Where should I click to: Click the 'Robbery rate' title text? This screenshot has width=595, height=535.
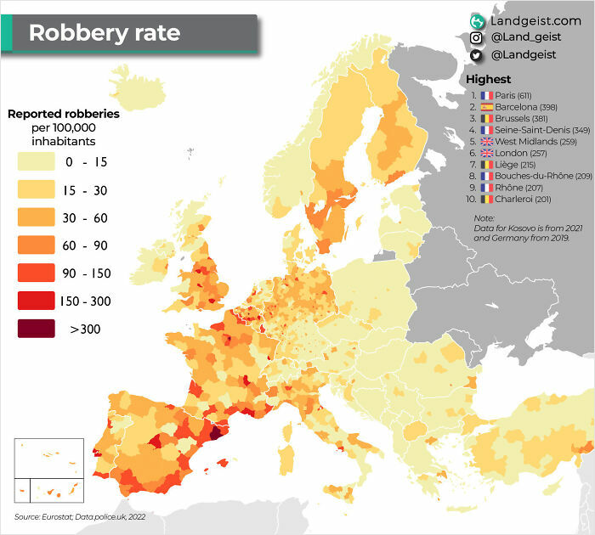pyautogui.click(x=105, y=33)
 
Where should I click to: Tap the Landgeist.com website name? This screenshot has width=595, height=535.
pyautogui.click(x=535, y=20)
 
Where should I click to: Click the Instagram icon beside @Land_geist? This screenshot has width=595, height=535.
pyautogui.click(x=477, y=37)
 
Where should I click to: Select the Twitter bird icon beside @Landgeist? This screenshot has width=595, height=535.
pyautogui.click(x=477, y=55)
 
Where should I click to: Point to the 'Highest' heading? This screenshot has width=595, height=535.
pyautogui.click(x=489, y=79)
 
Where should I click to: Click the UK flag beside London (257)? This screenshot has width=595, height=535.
pyautogui.click(x=487, y=154)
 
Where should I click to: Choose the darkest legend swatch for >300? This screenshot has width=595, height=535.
pyautogui.click(x=36, y=329)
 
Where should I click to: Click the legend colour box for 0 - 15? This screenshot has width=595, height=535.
pyautogui.click(x=36, y=161)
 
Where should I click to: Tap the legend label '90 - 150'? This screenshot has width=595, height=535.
pyautogui.click(x=85, y=273)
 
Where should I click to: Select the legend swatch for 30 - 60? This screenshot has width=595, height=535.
pyautogui.click(x=36, y=217)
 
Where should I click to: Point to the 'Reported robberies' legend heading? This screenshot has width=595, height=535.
pyautogui.click(x=64, y=113)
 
